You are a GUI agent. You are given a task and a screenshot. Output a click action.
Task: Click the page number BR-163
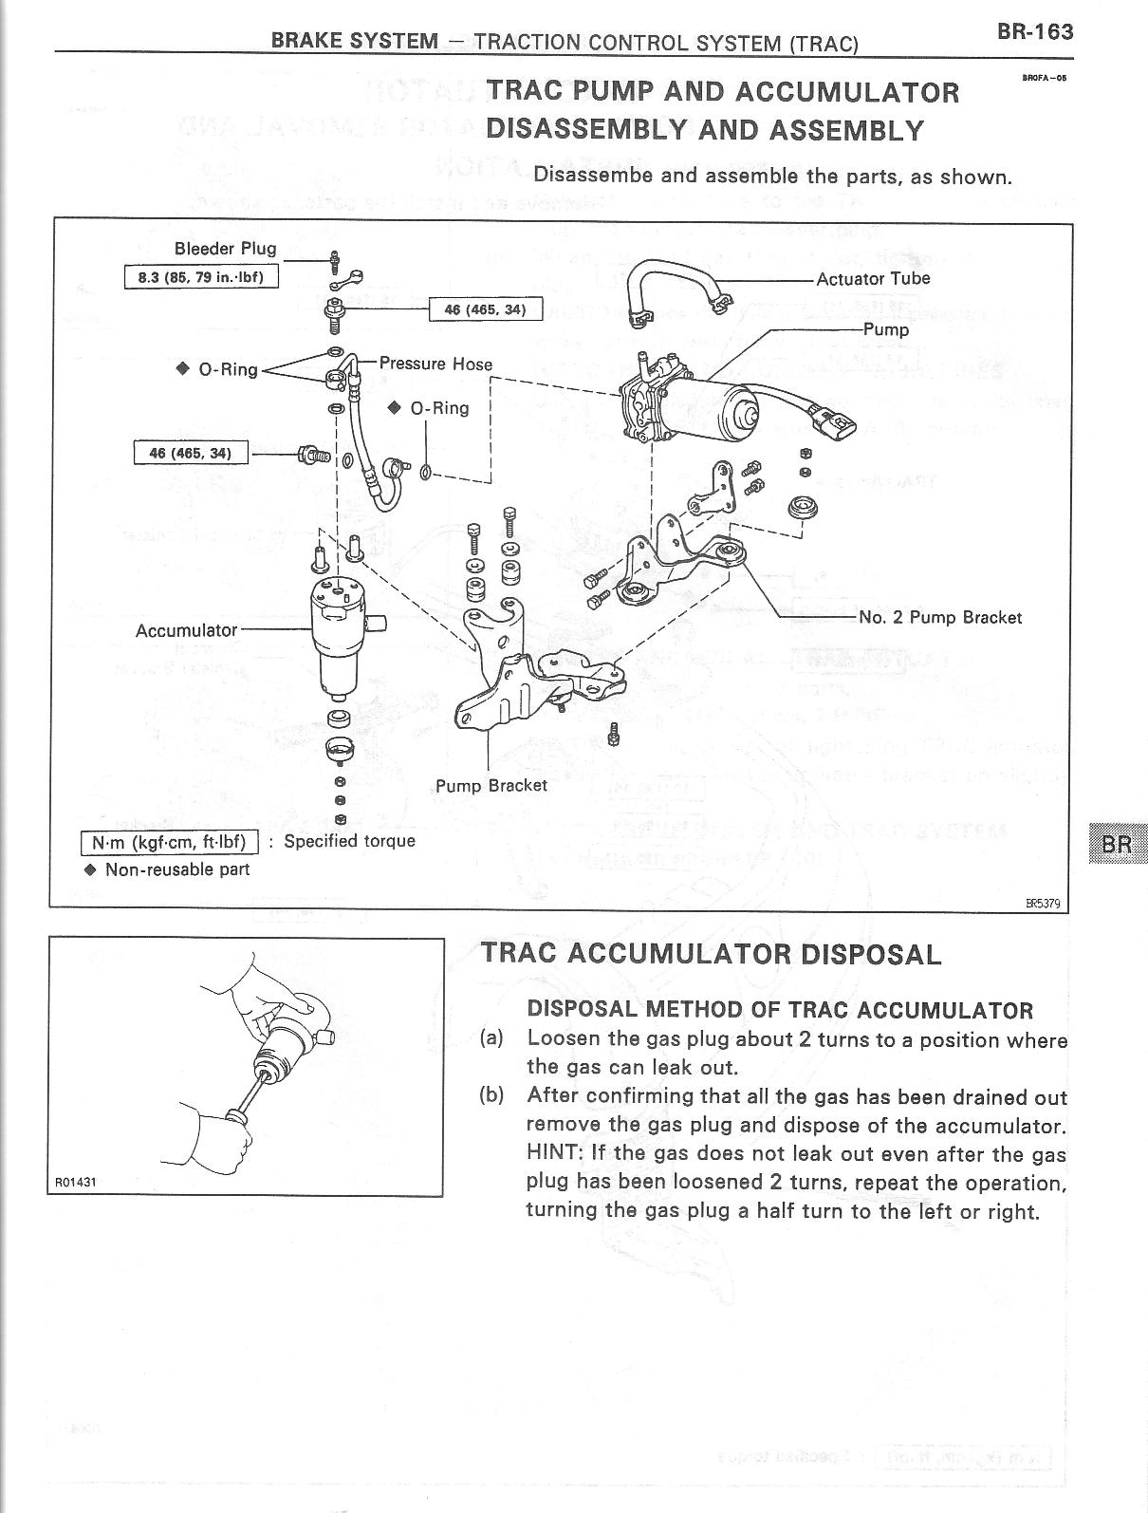(1035, 32)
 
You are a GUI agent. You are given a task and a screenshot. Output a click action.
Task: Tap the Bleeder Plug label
(225, 249)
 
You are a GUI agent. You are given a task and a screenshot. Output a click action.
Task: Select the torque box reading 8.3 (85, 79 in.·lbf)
(201, 277)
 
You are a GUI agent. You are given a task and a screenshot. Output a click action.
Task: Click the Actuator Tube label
(873, 278)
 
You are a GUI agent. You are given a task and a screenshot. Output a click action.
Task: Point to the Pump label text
(886, 330)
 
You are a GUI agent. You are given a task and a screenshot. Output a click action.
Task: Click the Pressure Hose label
(435, 364)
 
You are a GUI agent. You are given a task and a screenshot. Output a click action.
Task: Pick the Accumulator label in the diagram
(186, 630)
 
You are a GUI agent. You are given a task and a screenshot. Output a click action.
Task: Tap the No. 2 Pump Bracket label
(939, 617)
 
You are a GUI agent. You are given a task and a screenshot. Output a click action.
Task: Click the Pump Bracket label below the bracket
(491, 785)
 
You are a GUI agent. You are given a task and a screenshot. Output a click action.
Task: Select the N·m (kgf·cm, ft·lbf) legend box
(170, 842)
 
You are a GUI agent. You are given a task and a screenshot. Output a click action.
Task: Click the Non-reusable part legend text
(176, 869)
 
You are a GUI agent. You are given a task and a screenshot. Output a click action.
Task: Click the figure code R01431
(75, 1183)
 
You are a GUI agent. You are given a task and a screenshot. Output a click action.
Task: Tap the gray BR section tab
(1118, 843)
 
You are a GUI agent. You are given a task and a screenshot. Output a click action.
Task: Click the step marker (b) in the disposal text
(491, 1096)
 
